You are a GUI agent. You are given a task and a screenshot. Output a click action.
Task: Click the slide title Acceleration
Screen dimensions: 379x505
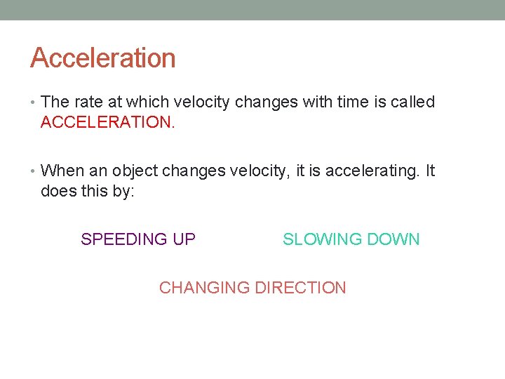[x=102, y=58]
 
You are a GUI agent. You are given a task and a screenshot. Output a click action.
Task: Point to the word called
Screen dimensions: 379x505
[x=412, y=102]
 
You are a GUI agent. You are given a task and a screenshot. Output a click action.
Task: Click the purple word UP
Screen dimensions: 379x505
[x=184, y=239]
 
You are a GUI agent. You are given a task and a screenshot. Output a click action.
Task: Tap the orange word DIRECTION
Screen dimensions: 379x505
[x=300, y=288]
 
